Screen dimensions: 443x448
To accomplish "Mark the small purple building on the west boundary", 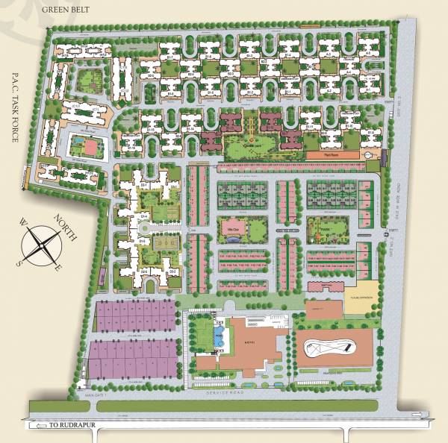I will click(x=29, y=178).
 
